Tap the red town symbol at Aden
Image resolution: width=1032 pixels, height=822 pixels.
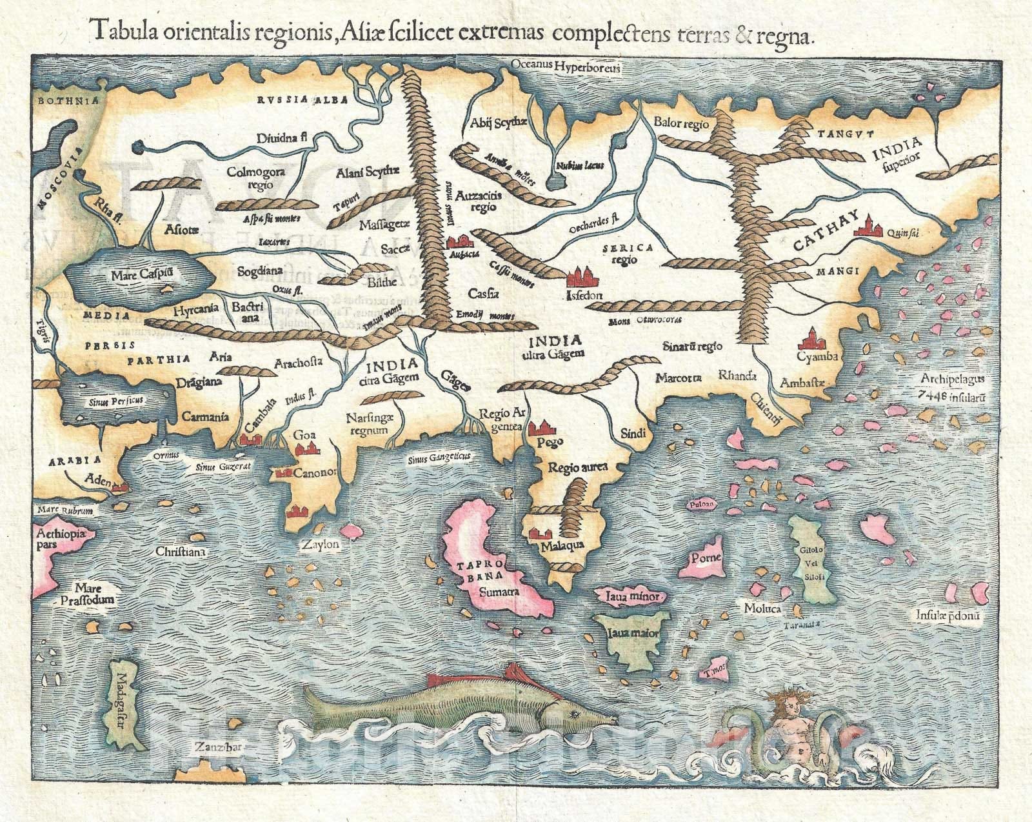[x=117, y=488]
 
